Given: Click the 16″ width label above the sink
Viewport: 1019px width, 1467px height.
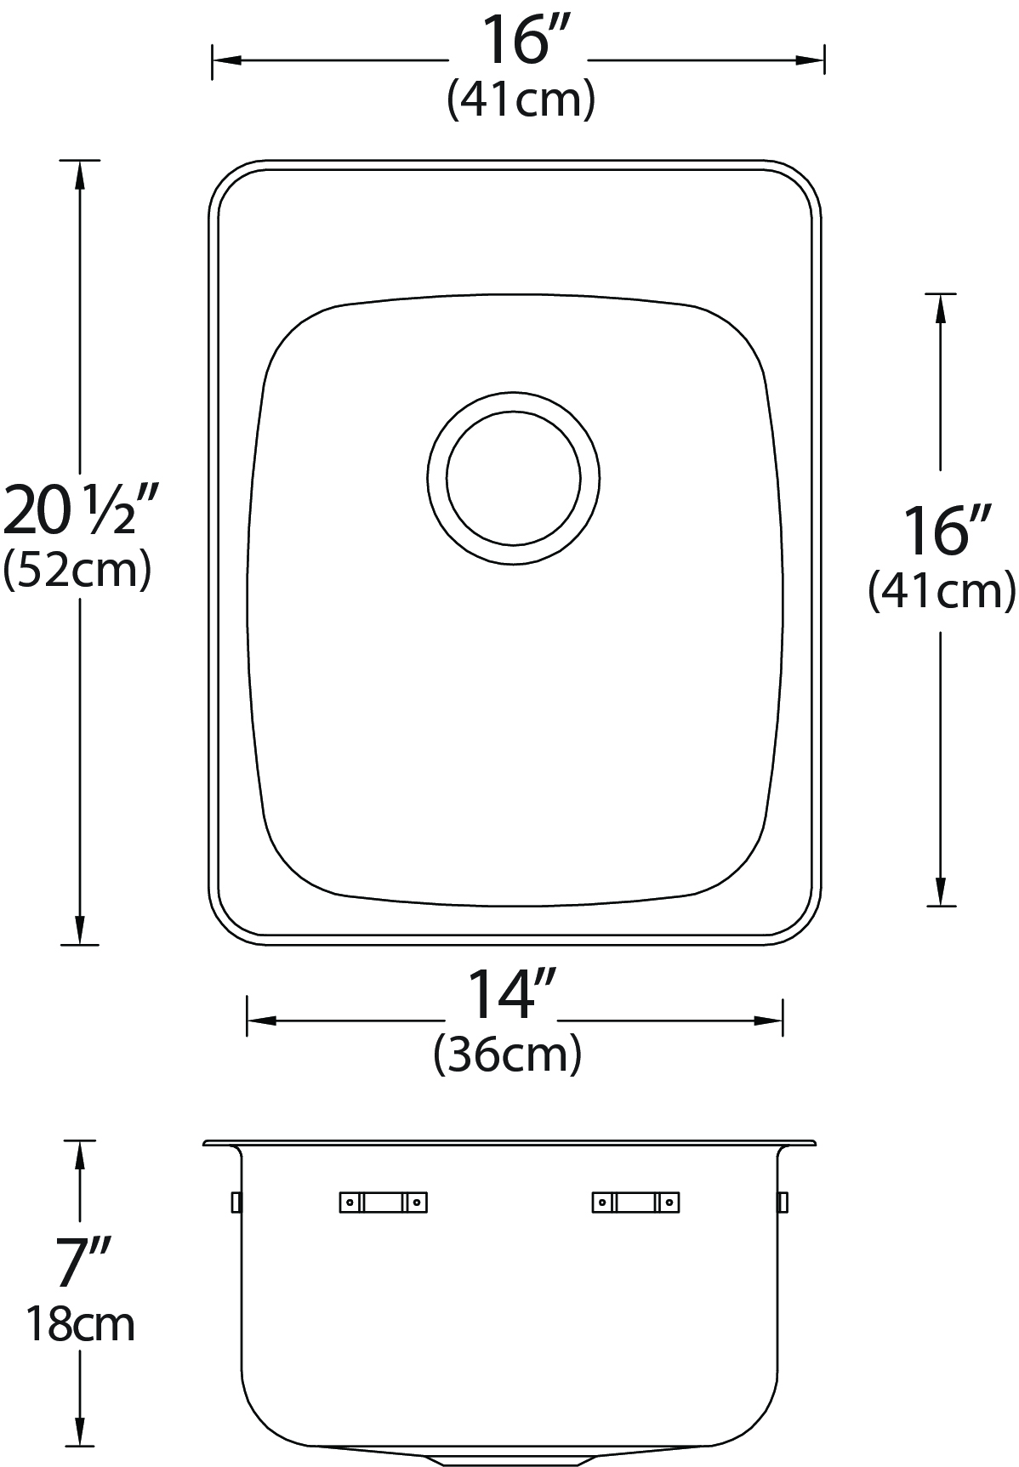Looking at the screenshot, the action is [518, 41].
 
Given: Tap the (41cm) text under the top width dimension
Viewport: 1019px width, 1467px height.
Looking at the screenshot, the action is [521, 100].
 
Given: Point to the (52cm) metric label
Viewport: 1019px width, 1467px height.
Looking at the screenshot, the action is [77, 571].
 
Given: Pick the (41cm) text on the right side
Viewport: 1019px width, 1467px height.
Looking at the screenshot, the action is [942, 591].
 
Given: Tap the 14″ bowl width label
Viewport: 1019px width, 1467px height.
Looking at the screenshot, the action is [512, 996].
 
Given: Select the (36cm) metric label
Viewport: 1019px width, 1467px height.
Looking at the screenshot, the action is [508, 1055].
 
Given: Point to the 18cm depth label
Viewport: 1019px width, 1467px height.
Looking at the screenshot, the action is [81, 1323].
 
